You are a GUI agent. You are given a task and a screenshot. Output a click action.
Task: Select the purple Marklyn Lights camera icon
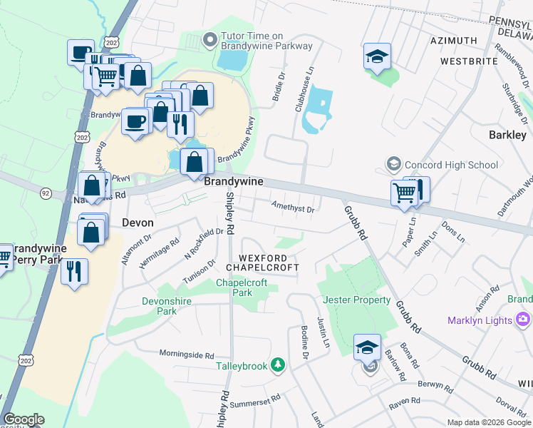[x=524, y=319]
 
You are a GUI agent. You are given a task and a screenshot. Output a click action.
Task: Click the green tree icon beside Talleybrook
[x=278, y=366]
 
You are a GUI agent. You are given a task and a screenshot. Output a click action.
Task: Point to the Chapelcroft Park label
[x=242, y=287]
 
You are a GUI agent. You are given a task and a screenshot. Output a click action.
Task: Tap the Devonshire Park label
[x=166, y=306]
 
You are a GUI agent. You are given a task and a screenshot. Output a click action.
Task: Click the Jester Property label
[x=357, y=300]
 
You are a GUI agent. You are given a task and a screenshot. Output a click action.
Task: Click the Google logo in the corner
[x=24, y=419]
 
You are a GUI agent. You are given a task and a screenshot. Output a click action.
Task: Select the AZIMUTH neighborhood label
[x=454, y=41]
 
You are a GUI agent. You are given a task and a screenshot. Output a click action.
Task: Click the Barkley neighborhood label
[x=507, y=134]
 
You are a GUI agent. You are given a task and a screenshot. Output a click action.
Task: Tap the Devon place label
[x=138, y=222]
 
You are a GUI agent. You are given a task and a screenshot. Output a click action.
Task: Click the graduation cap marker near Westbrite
[x=377, y=56]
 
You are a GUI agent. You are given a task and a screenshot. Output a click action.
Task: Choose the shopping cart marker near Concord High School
[x=404, y=191]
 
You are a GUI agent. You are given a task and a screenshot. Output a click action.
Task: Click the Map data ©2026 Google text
[x=489, y=422]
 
